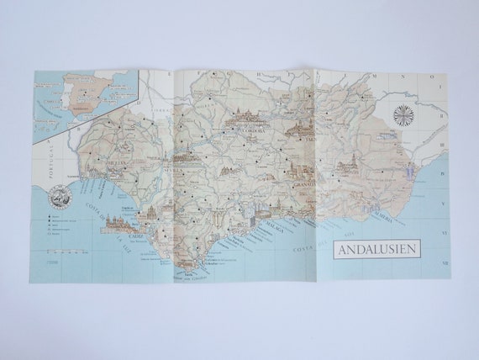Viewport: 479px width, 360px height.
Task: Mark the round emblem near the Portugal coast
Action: [x=59, y=199]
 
